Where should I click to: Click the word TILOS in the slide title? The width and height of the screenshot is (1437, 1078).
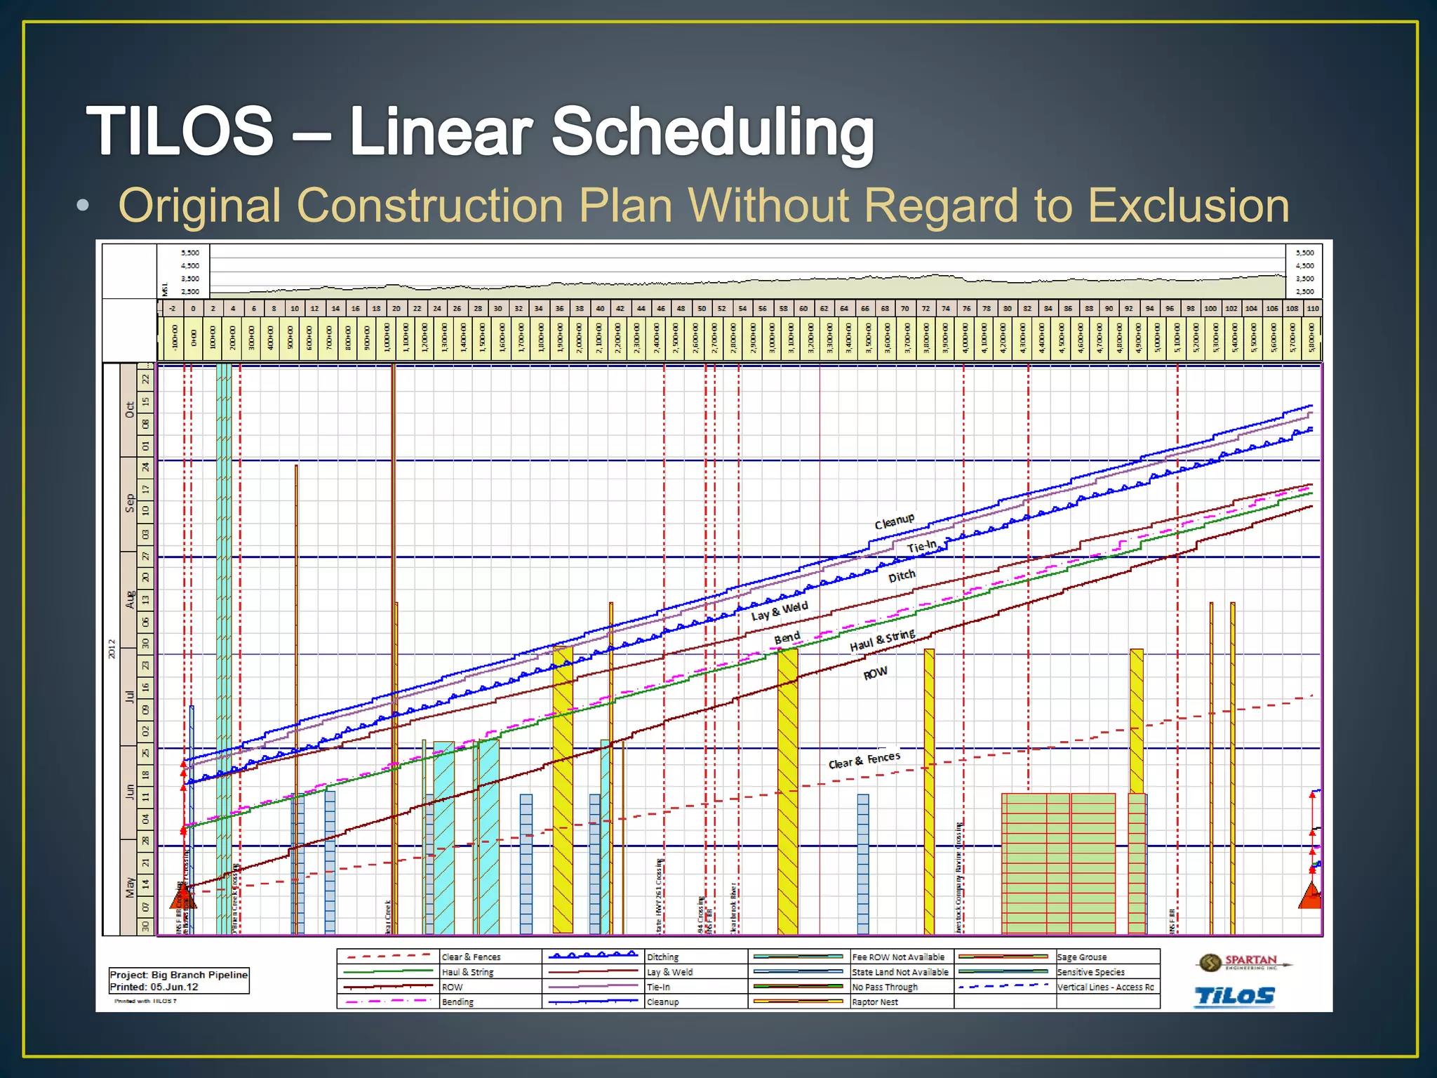(x=180, y=131)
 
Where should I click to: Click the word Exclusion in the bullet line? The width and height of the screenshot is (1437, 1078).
(x=1188, y=206)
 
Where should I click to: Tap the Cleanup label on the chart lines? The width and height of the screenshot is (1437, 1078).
(x=894, y=521)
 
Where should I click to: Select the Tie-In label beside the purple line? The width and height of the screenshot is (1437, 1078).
(x=921, y=547)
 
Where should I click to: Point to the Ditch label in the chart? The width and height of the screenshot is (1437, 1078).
(x=902, y=576)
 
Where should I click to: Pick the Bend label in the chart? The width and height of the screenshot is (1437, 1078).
(x=787, y=638)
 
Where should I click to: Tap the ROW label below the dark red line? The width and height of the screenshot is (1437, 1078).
(x=875, y=674)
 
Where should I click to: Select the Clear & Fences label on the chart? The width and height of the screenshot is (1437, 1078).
(x=864, y=760)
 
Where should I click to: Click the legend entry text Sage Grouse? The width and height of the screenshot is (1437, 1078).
(x=1081, y=957)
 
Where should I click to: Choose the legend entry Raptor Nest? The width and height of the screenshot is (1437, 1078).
(x=874, y=1002)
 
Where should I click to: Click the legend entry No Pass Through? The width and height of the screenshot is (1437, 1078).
(x=884, y=987)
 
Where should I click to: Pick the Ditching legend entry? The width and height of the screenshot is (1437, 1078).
(x=662, y=957)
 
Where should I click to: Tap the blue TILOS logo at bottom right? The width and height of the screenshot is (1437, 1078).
(x=1234, y=996)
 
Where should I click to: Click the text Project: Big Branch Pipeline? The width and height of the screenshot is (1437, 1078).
(x=178, y=975)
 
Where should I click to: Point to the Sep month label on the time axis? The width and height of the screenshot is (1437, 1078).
(x=130, y=503)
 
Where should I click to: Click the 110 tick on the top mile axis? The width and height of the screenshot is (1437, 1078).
(x=1312, y=308)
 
